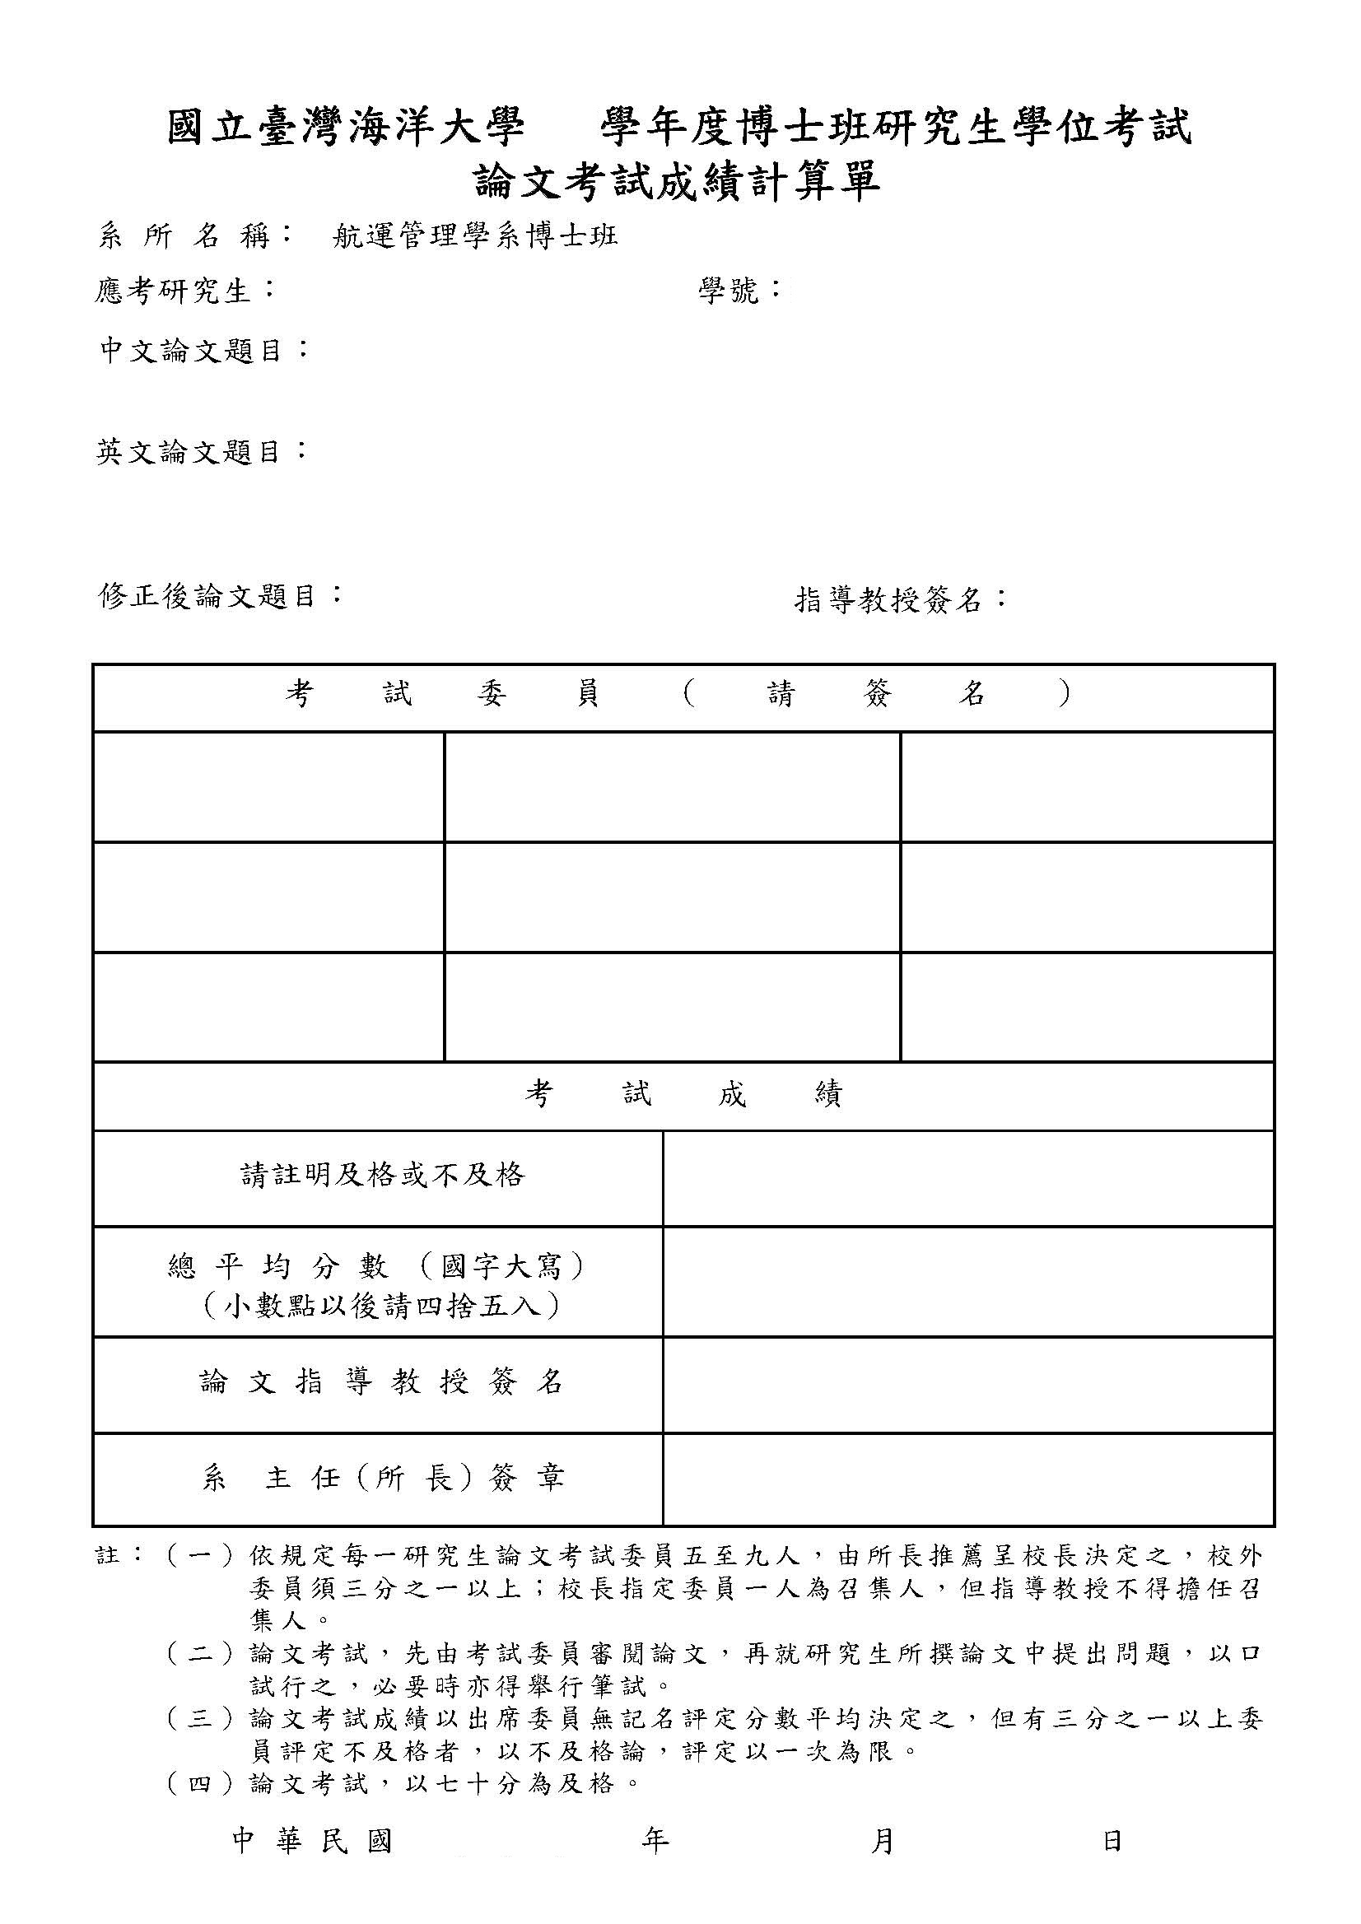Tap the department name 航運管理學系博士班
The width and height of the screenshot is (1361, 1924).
tap(475, 237)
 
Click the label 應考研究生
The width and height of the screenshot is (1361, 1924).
tap(174, 291)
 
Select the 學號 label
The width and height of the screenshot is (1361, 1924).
tap(729, 291)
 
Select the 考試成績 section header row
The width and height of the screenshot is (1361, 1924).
tap(683, 1094)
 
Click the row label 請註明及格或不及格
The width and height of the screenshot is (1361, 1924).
tap(383, 1175)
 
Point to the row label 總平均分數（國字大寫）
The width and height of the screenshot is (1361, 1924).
tap(377, 1267)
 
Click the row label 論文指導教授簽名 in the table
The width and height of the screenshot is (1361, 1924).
tap(381, 1381)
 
